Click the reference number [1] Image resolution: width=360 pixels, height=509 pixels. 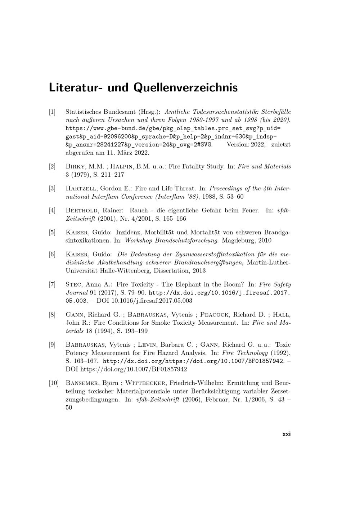[52, 112]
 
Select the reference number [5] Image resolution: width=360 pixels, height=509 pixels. [52, 232]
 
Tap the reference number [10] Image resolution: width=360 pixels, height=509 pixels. [54, 383]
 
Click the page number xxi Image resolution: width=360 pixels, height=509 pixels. [287, 434]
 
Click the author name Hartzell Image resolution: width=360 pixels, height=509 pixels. [81, 189]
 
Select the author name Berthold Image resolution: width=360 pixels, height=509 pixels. [82, 211]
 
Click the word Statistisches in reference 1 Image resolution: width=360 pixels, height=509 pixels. [83, 112]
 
